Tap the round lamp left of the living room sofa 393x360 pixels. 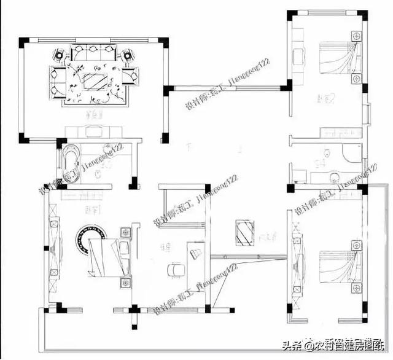pyautogui.click(x=58, y=55)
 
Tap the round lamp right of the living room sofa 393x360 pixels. pyautogui.click(x=128, y=55)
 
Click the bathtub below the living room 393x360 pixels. pyautogui.click(x=69, y=161)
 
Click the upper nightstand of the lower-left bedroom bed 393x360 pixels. pyautogui.click(x=125, y=232)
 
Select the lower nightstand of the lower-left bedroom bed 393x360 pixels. pyautogui.click(x=125, y=283)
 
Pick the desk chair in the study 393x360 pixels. pyautogui.click(x=174, y=269)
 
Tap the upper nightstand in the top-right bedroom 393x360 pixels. pyautogui.click(x=354, y=37)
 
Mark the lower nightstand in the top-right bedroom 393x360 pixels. pyautogui.click(x=354, y=80)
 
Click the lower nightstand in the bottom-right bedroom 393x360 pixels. pyautogui.click(x=355, y=289)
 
